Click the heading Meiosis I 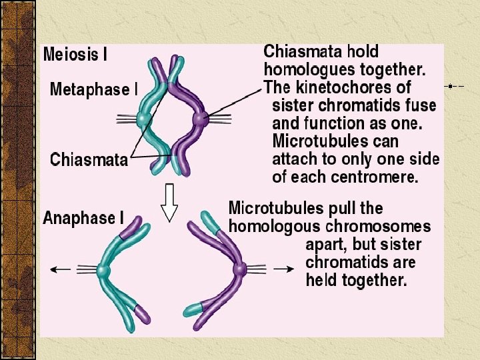tap(75, 55)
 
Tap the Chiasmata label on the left tap(89, 160)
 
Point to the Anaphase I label tap(83, 218)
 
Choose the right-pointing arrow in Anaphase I tap(284, 269)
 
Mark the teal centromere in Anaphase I tap(103, 271)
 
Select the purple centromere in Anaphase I tap(239, 270)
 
